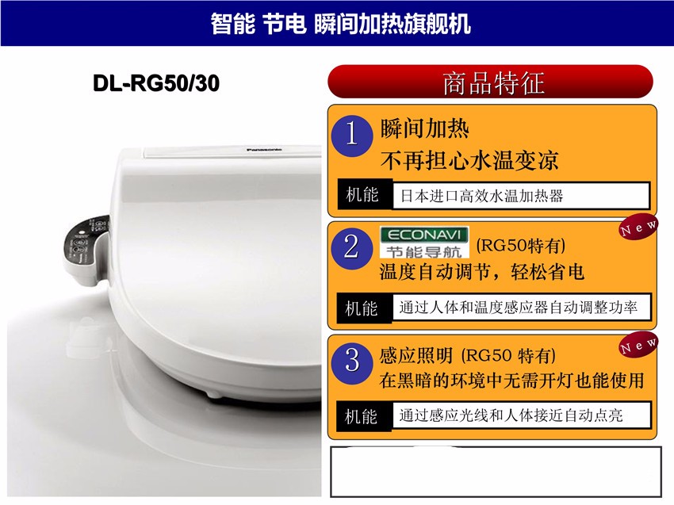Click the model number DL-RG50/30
[x=156, y=83]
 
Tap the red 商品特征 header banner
[x=491, y=82]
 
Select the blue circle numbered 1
[x=351, y=135]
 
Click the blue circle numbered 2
[x=351, y=247]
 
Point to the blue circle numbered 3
[x=351, y=359]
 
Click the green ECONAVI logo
[x=424, y=243]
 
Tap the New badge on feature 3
[x=638, y=344]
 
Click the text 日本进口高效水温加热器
[x=481, y=196]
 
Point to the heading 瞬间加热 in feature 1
[x=424, y=128]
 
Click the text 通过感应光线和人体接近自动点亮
[x=511, y=415]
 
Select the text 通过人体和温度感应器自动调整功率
[x=518, y=307]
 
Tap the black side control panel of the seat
[x=86, y=248]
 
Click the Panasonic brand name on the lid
[x=264, y=149]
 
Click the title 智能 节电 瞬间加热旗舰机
[x=340, y=23]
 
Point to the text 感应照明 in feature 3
[x=416, y=355]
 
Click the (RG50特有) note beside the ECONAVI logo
[x=520, y=246]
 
